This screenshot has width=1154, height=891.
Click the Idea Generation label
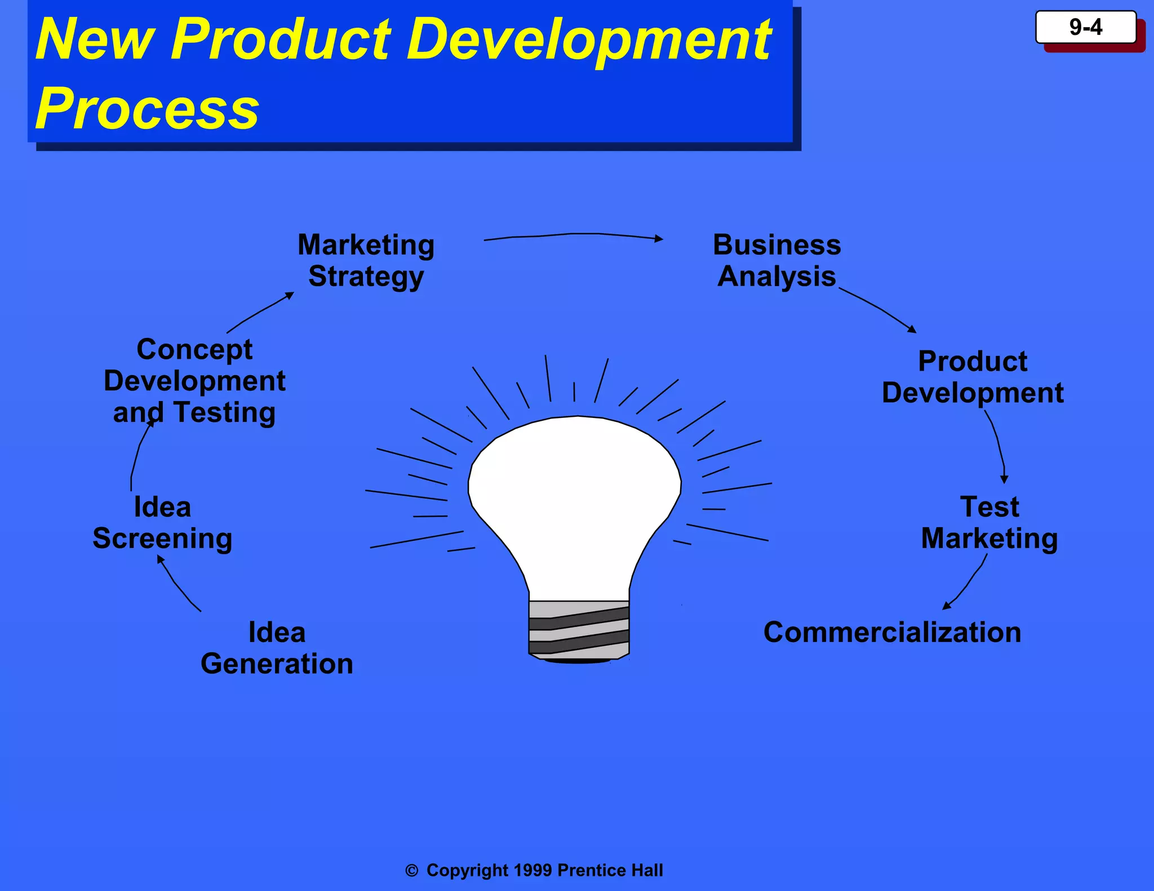[277, 648]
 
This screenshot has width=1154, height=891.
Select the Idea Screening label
[162, 523]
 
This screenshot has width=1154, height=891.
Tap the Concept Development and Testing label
[194, 381]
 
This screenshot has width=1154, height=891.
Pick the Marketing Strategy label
[366, 260]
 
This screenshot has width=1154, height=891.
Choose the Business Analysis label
[777, 260]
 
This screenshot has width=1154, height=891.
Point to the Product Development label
[973, 377]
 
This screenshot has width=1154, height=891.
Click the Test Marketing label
[989, 523]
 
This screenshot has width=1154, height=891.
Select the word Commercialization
[892, 632]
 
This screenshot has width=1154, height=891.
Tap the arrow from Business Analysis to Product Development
[879, 308]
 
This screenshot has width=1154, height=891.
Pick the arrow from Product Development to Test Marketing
[998, 445]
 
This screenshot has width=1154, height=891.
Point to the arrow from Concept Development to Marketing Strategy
[259, 313]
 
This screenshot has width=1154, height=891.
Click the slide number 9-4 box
[1086, 27]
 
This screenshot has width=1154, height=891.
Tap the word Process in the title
[147, 108]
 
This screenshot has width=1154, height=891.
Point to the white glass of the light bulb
[575, 496]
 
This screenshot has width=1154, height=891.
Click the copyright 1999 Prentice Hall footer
[534, 870]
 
